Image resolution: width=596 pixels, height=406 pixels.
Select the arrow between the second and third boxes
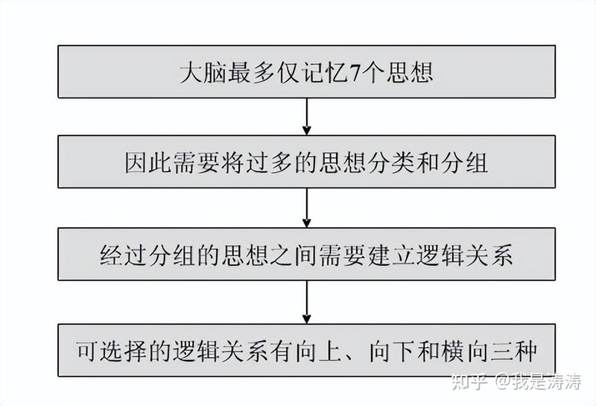[x=307, y=209]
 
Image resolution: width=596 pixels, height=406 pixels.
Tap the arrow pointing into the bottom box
[x=307, y=301]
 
